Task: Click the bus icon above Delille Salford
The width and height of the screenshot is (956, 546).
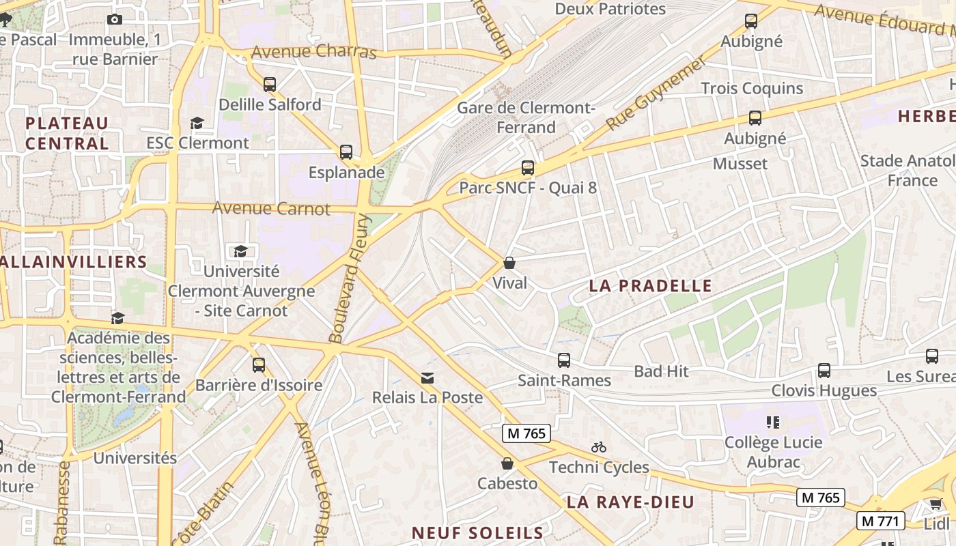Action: click(270, 85)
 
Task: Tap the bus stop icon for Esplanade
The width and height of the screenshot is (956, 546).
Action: click(346, 152)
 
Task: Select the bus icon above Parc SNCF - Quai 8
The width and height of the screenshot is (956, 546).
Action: click(527, 167)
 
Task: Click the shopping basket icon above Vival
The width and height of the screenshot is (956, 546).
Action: click(509, 263)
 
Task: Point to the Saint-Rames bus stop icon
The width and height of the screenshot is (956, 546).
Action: click(563, 360)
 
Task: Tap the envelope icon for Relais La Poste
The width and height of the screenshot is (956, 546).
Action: click(427, 377)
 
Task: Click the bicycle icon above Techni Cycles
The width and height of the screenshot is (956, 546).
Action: click(599, 447)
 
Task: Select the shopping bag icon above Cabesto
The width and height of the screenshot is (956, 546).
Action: click(507, 463)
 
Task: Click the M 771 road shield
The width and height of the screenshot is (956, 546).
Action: click(881, 521)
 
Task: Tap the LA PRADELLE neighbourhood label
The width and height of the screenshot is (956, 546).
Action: click(650, 286)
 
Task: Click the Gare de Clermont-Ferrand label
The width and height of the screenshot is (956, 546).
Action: click(526, 117)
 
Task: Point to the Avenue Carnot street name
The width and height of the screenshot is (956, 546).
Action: click(271, 208)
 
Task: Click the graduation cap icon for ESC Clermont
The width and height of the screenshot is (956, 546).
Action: click(197, 123)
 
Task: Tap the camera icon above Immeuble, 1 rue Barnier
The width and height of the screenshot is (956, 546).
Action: click(115, 19)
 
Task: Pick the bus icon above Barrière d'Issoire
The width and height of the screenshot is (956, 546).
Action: click(258, 365)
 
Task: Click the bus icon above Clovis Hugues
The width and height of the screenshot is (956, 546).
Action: click(824, 371)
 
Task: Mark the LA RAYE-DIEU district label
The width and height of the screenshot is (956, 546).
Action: click(630, 502)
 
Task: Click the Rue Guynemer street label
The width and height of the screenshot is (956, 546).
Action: click(656, 94)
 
